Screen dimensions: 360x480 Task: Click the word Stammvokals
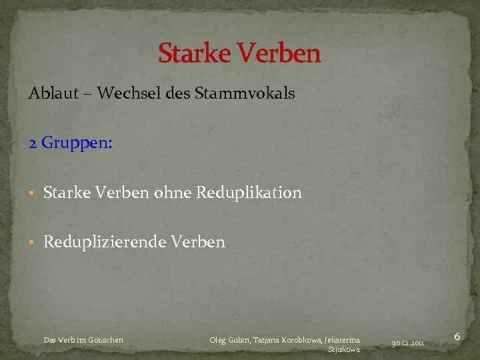[245, 93]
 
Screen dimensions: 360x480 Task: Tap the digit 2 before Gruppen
[33, 143]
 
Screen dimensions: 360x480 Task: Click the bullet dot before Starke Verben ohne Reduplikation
[32, 194]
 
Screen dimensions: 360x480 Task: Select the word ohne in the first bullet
[172, 193]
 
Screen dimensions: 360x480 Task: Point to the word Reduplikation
[248, 193]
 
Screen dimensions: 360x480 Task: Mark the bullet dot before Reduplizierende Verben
[32, 243]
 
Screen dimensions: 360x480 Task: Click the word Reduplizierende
[105, 243]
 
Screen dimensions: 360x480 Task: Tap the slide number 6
[457, 337]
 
